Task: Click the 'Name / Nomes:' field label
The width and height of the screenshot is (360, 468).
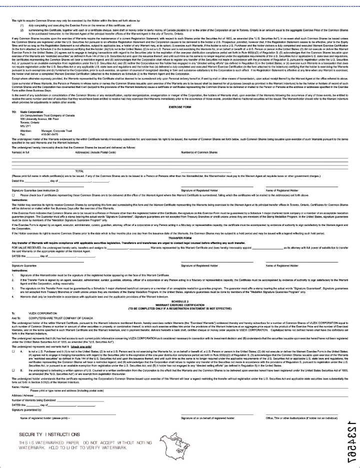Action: pos(20,387)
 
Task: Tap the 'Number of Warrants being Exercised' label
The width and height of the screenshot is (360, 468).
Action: pos(33,400)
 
